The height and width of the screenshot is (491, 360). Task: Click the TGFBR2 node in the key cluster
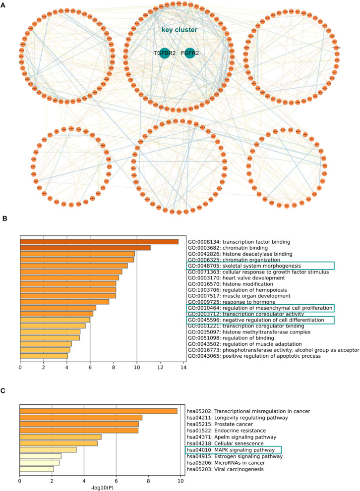coord(165,53)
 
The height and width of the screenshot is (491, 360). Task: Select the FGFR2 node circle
coord(189,53)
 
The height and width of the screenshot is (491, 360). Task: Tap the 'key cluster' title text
coord(179,30)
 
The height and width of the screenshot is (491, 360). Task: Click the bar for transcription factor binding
coord(99,241)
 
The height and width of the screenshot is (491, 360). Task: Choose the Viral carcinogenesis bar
coord(37,468)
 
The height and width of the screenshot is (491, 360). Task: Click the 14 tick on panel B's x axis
coord(183,382)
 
